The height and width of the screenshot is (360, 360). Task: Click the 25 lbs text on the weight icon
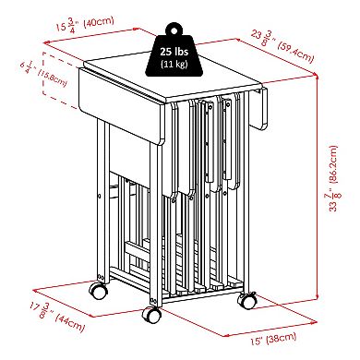174,52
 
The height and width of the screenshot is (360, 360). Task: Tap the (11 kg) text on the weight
174,64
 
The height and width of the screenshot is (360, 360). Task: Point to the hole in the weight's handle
174,30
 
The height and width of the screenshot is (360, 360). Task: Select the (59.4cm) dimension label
295,52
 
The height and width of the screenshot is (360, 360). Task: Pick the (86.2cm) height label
333,164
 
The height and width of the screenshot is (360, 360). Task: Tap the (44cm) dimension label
70,322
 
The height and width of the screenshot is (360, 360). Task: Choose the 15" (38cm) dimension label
273,339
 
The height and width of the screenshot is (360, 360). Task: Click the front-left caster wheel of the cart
99,290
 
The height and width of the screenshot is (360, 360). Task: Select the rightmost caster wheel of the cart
247,301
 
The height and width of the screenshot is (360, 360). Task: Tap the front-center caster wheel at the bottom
151,315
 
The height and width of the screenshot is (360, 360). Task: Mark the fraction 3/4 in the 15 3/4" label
71,26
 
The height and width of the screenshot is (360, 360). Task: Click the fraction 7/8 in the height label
334,197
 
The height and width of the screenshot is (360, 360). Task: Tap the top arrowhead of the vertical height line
317,75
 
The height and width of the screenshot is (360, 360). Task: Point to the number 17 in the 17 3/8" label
35,307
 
